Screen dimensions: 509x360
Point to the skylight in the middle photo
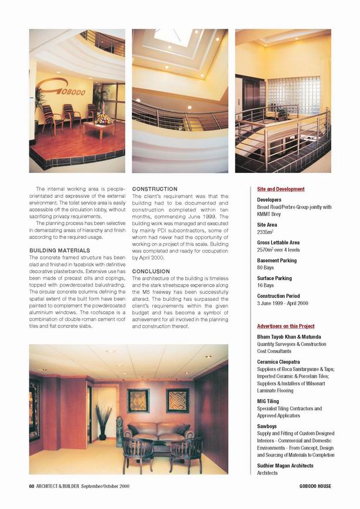(x=174, y=37)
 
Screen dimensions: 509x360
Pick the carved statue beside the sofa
(x=119, y=431)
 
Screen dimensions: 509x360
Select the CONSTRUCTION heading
(x=155, y=189)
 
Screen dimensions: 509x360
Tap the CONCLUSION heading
(x=152, y=272)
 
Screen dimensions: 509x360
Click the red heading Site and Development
(x=281, y=189)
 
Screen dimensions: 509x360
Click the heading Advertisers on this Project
(x=286, y=326)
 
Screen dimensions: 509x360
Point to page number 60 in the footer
(x=32, y=486)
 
